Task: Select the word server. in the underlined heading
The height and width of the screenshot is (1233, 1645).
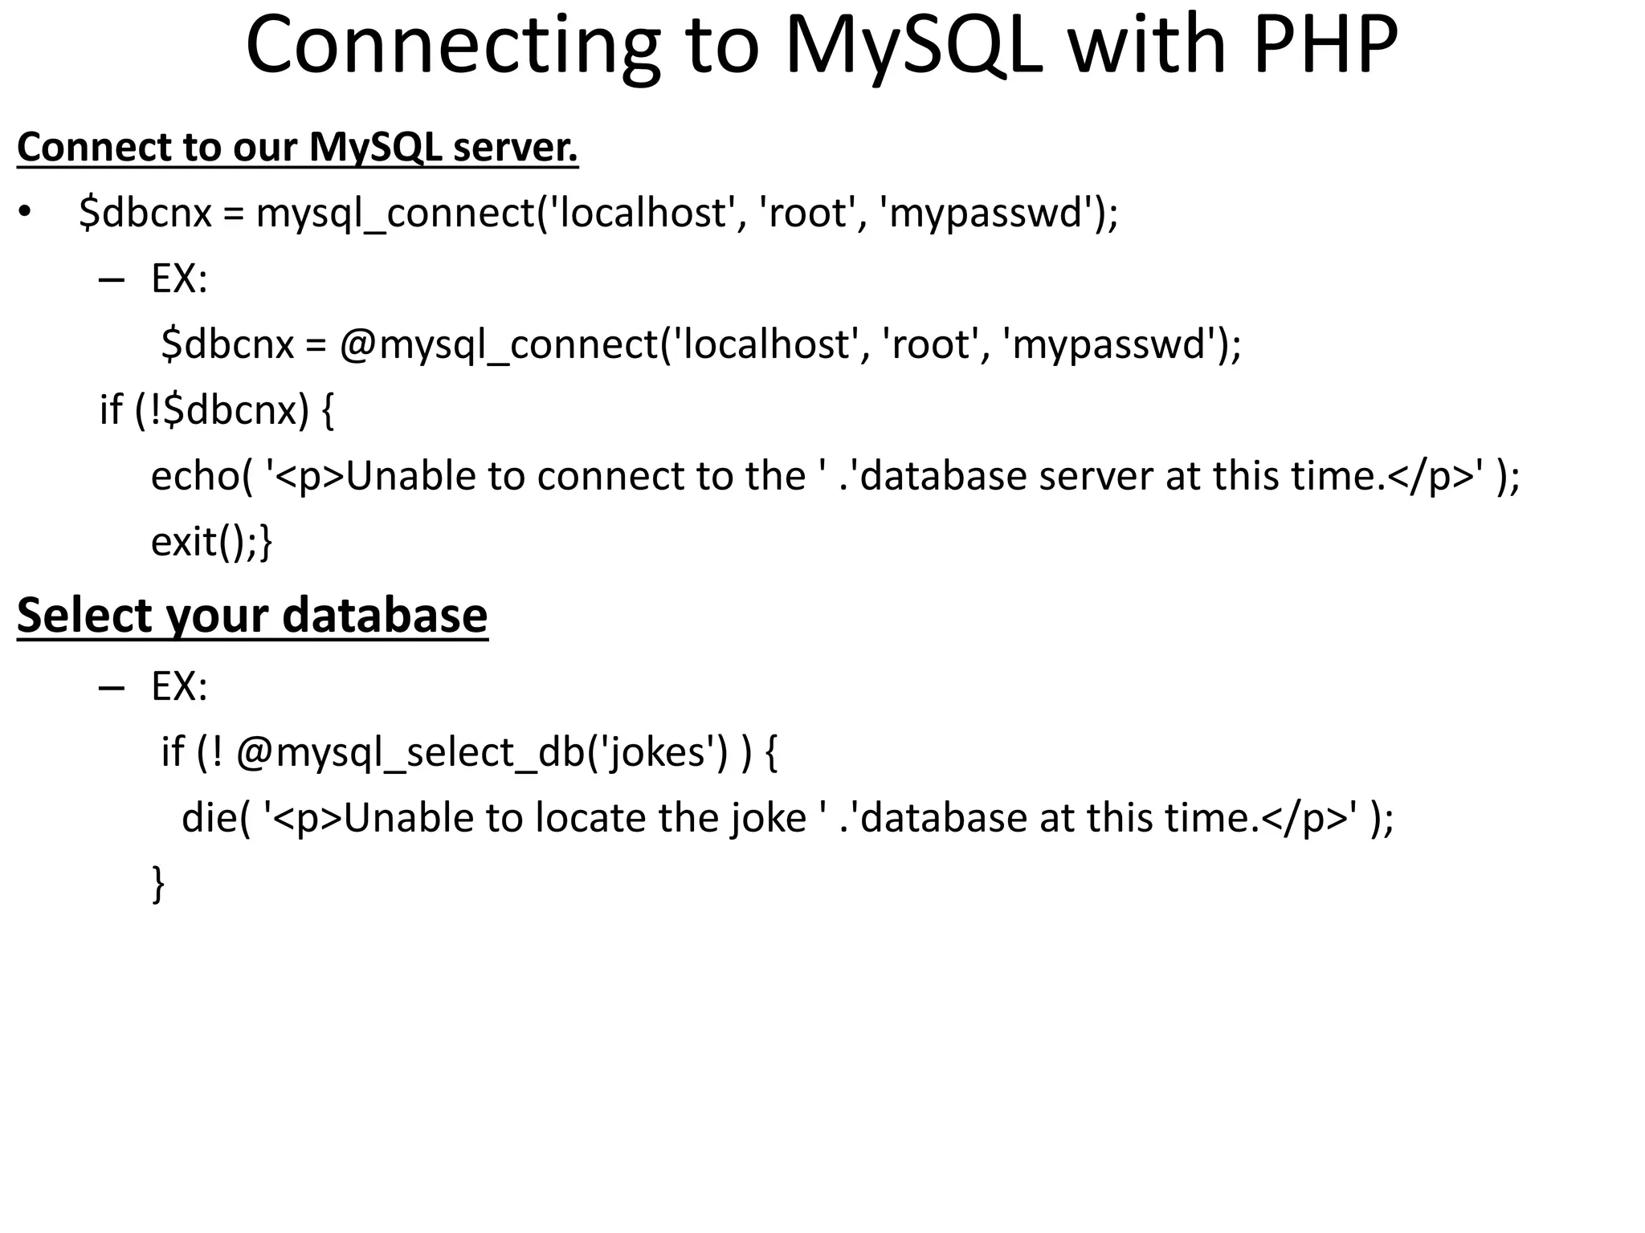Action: [x=515, y=148]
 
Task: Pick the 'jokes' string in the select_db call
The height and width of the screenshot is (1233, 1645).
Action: [x=656, y=752]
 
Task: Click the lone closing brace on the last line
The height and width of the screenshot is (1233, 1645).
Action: [x=158, y=884]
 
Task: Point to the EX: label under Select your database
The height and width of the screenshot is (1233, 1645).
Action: [x=179, y=686]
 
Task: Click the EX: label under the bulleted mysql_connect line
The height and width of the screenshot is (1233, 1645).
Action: [x=179, y=279]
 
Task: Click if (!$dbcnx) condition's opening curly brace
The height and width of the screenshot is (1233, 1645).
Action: [x=327, y=410]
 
